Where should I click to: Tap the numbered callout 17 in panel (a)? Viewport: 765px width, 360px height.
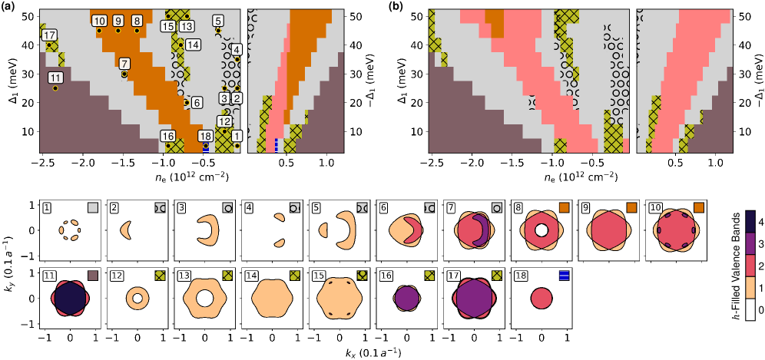[x=49, y=36]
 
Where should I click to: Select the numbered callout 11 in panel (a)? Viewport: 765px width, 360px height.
[x=55, y=78]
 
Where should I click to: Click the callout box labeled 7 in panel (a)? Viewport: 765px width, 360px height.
[x=124, y=64]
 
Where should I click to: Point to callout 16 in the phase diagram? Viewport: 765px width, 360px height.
[x=167, y=136]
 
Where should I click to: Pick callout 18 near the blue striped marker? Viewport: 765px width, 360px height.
[x=205, y=136]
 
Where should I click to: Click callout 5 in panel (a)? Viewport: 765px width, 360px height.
[x=218, y=21]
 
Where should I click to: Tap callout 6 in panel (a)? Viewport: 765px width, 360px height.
[x=196, y=102]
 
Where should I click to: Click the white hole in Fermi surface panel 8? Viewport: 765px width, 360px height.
[x=541, y=230]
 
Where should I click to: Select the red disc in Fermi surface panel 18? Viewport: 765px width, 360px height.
[x=541, y=297]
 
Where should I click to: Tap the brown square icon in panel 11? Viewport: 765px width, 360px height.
[x=92, y=276]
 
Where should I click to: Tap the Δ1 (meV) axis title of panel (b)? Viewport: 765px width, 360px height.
[x=405, y=82]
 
